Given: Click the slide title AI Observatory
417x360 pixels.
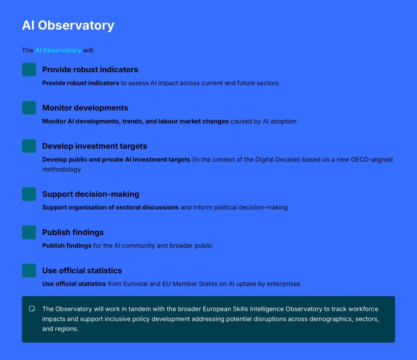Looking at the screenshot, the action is point(68,26).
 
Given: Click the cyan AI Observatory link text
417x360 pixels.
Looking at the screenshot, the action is point(58,50).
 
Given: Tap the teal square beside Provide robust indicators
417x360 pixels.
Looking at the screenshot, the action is point(29,69).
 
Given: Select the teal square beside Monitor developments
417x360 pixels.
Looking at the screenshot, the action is point(29,108).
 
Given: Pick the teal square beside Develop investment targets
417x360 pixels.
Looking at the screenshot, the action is point(29,146).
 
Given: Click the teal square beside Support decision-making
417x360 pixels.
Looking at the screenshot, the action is point(29,194).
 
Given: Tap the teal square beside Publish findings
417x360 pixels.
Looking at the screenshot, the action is point(29,232).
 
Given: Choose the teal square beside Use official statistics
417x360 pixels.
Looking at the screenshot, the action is point(29,271).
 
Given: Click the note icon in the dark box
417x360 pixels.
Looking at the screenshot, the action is point(32,309).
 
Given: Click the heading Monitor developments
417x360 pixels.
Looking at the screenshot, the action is point(85,108).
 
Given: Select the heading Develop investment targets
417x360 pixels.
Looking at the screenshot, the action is point(94,146).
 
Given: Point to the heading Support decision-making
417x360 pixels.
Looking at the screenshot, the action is point(91,194).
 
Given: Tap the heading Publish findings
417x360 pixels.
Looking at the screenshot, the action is point(73,233).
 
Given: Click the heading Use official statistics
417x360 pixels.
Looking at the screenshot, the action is point(82,271).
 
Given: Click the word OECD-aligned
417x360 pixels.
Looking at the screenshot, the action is point(372,159).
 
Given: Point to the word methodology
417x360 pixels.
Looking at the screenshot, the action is point(62,169).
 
